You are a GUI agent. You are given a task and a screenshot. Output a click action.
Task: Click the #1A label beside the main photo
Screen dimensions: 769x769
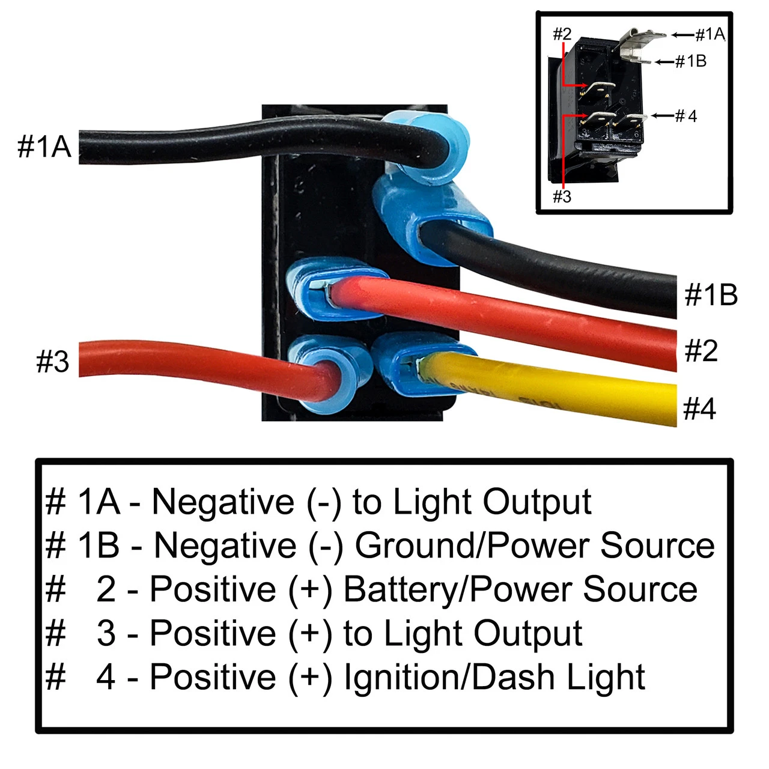(44, 147)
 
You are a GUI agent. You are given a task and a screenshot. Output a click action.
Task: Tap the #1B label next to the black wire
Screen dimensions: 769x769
(711, 295)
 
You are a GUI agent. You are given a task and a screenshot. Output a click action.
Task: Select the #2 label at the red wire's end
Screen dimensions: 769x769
(701, 350)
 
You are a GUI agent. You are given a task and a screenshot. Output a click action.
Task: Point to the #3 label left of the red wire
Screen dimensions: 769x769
(53, 362)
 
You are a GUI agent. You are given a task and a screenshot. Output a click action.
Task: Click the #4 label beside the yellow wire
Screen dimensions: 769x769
(700, 409)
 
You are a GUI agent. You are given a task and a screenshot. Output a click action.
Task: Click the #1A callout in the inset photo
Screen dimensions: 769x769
(710, 35)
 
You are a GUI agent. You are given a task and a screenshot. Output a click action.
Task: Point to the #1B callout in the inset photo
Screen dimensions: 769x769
(690, 61)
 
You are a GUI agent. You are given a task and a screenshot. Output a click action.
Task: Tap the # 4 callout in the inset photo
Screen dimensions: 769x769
(686, 115)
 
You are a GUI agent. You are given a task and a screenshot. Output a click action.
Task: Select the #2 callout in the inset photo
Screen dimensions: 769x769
(562, 34)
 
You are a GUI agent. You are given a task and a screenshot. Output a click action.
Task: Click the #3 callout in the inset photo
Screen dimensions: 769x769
(562, 196)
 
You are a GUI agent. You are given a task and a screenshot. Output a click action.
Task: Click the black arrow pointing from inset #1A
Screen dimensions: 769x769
(682, 35)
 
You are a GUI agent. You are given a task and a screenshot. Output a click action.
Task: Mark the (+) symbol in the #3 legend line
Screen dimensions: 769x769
(310, 633)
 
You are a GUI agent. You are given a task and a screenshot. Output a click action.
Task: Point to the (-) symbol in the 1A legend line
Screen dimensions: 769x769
(324, 502)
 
